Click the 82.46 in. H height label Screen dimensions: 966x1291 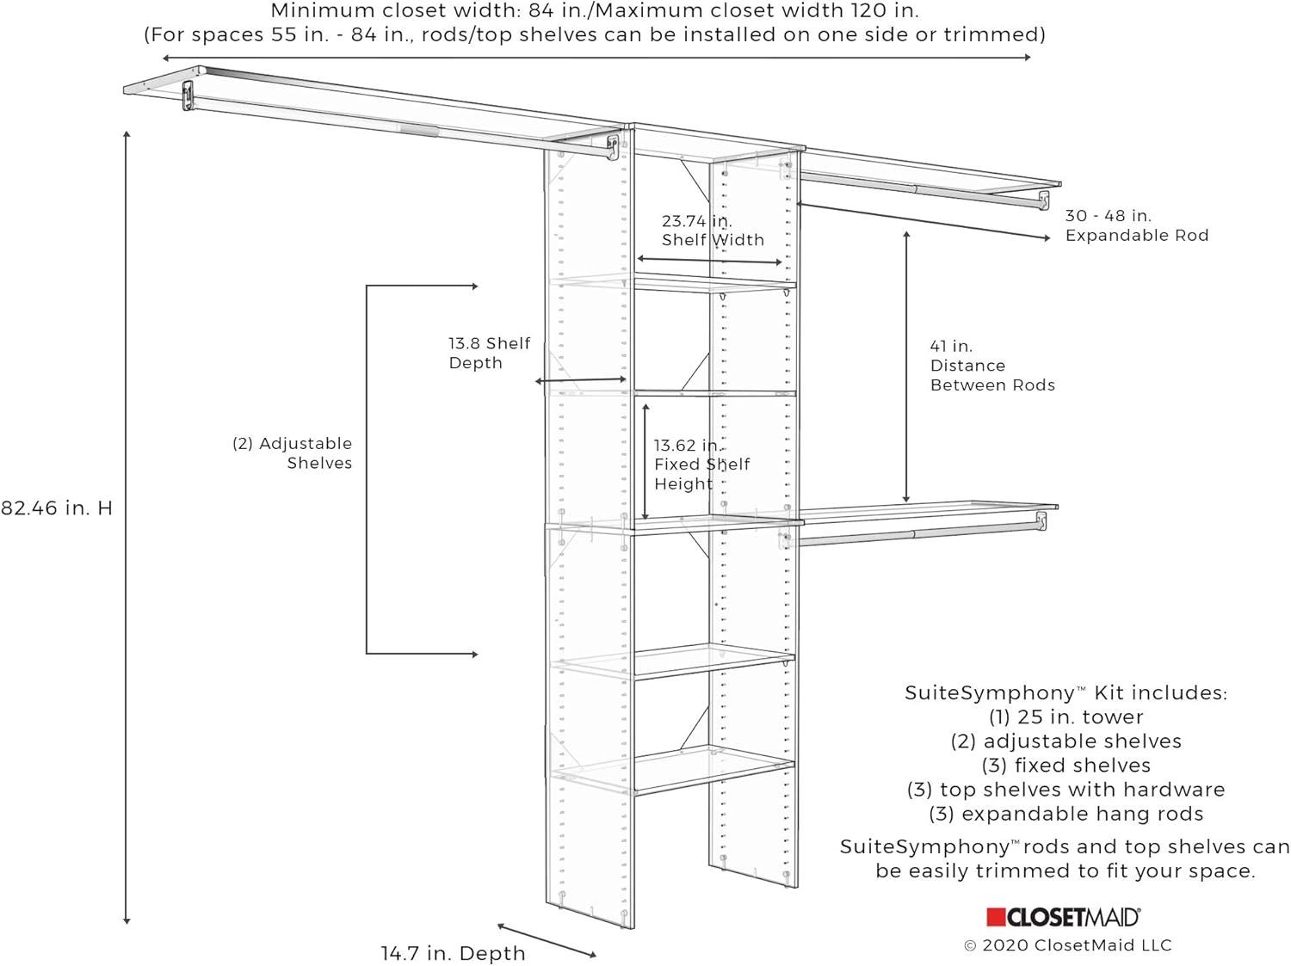pos(57,508)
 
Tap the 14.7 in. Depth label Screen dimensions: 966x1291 pos(453,953)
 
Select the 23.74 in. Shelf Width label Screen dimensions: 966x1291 pos(712,231)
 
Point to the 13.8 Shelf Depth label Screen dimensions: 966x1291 pos(489,353)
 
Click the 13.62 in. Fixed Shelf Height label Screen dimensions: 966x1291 pos(701,465)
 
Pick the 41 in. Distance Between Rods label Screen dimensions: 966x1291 pos(991,366)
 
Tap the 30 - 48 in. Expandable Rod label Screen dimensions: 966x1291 pos(1136,225)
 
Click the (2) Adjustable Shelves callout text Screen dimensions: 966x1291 pos(293,453)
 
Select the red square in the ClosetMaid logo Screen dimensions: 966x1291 pos(996,918)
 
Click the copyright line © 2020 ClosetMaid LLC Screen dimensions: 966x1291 pos(1067,945)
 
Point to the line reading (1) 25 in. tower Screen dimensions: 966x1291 pos(1066,717)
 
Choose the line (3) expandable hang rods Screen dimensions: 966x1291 pos(1066,814)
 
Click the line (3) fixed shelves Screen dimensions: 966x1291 pos(1066,766)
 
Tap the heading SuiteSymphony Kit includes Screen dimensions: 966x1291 pos(1066,692)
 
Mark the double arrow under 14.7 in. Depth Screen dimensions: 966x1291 pos(547,940)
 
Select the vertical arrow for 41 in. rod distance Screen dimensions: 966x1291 pos(906,366)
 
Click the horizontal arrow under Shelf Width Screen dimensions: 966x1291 pos(709,260)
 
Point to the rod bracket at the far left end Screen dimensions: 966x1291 pos(188,95)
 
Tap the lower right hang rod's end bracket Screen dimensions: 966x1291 pos(1041,520)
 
